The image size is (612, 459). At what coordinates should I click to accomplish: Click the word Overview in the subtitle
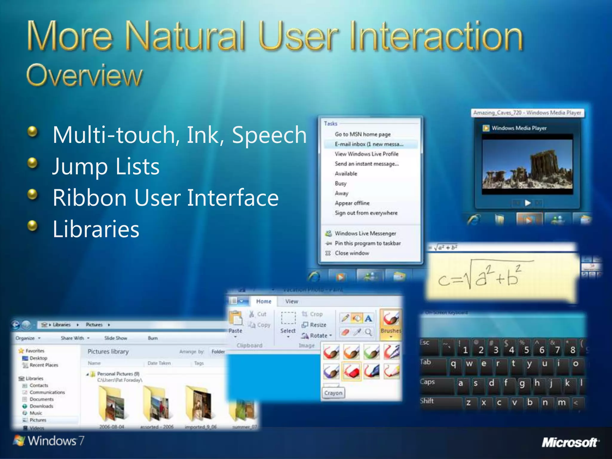click(x=84, y=75)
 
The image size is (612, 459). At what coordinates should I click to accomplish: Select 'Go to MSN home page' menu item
click(x=362, y=134)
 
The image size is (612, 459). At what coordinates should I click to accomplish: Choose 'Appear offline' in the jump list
click(x=352, y=203)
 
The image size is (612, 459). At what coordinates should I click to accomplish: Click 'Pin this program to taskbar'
click(x=368, y=243)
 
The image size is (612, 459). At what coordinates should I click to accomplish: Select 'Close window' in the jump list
click(x=352, y=253)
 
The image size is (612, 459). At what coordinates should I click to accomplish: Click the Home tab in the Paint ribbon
click(x=264, y=302)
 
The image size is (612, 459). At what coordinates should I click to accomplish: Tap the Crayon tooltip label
click(x=333, y=393)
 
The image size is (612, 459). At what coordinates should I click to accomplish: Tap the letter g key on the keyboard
click(x=522, y=383)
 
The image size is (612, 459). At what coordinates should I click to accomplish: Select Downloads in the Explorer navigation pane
click(x=41, y=406)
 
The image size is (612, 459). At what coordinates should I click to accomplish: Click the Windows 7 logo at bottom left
click(x=49, y=441)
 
